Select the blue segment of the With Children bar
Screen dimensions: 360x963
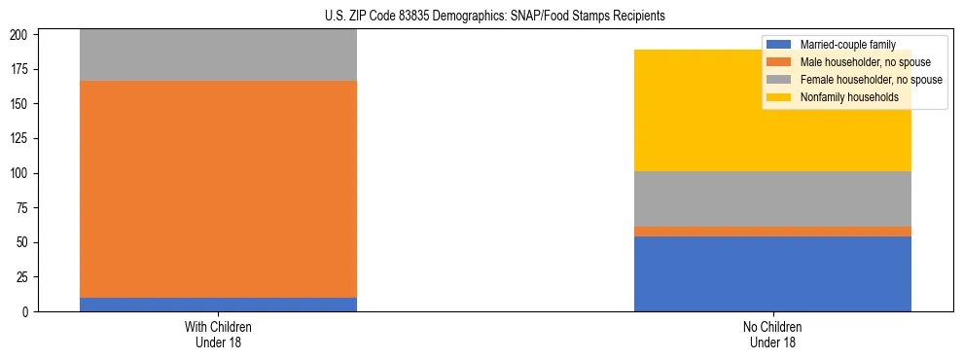pos(218,305)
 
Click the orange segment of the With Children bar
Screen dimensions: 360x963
pos(218,189)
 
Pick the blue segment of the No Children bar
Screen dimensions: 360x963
pos(772,273)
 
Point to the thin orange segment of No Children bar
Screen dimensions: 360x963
pos(772,232)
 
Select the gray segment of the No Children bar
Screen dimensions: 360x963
pos(772,198)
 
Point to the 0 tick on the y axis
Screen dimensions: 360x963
pos(32,312)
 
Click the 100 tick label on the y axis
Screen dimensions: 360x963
pos(26,173)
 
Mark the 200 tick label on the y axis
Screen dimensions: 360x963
pos(26,35)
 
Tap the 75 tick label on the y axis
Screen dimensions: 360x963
pos(29,208)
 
